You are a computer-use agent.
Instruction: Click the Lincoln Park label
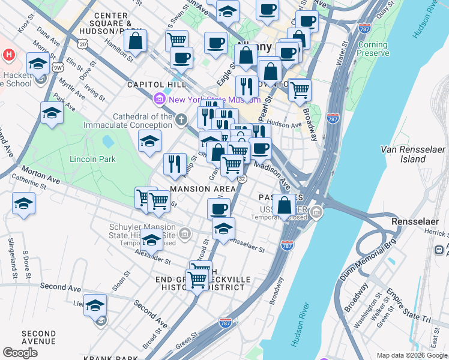(92, 159)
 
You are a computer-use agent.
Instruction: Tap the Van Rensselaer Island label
(412, 154)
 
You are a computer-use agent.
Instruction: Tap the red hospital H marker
(8, 55)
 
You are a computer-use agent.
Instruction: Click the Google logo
(20, 353)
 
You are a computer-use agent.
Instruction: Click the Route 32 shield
(241, 178)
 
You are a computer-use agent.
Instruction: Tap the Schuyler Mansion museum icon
(185, 233)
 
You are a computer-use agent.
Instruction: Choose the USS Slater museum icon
(316, 212)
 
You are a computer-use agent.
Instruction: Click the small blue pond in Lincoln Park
(108, 142)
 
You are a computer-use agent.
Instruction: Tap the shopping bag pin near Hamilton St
(136, 41)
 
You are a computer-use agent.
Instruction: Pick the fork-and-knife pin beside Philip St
(175, 164)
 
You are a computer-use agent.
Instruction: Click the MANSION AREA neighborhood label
(202, 189)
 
